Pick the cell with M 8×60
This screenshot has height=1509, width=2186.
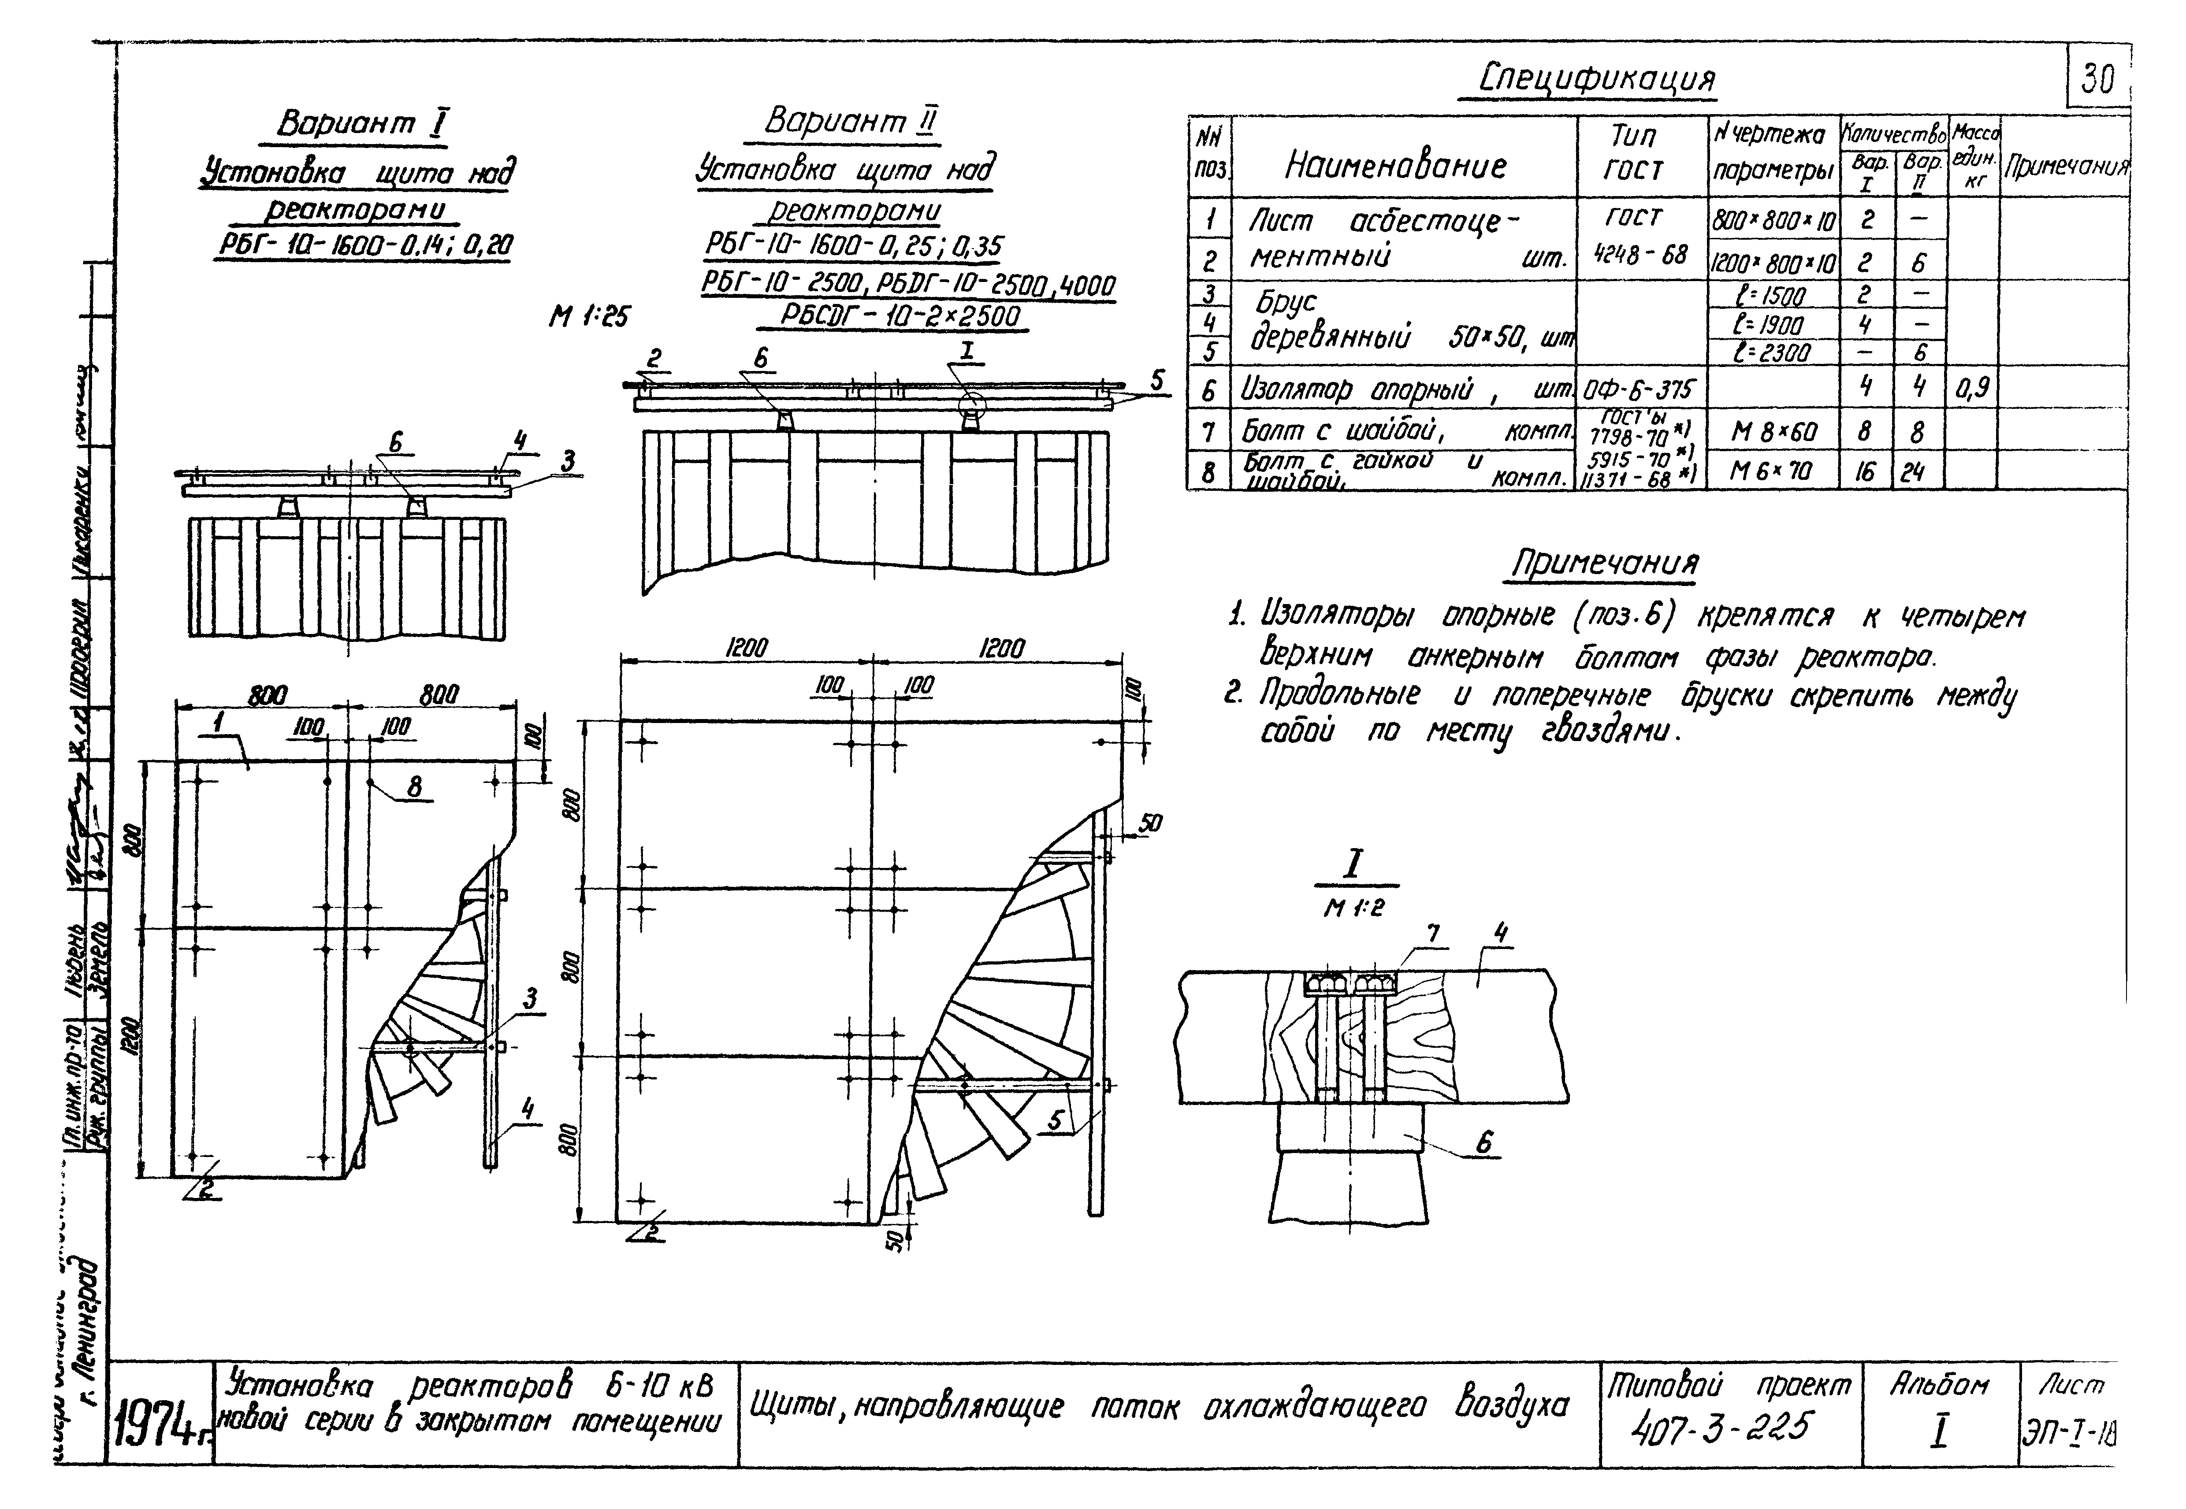coord(1773,432)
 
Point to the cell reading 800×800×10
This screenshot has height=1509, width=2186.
coord(1773,221)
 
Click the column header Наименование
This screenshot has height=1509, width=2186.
coord(1394,167)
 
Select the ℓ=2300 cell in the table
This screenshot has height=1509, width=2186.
coord(1773,352)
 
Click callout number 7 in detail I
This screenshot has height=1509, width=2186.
coord(1433,934)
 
